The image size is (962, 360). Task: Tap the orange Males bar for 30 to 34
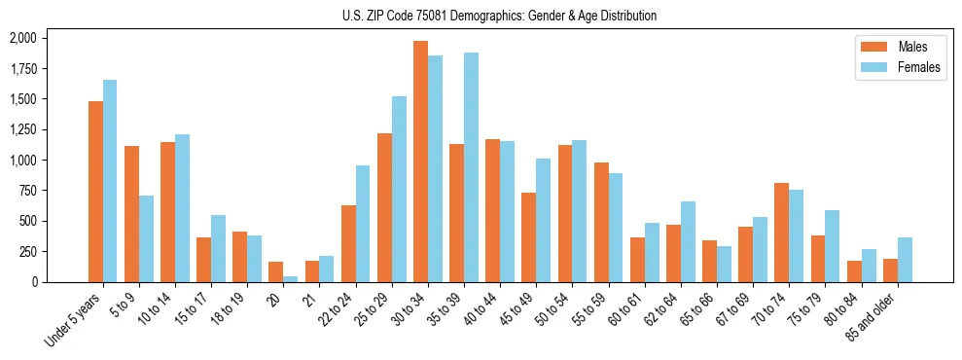[x=420, y=162]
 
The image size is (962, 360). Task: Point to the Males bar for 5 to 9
[x=131, y=214]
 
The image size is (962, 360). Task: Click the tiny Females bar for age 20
[x=290, y=278]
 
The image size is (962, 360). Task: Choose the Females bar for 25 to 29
[x=399, y=189]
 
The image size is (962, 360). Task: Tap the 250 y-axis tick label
[x=26, y=251]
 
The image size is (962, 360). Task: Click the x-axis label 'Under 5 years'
[x=74, y=321]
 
